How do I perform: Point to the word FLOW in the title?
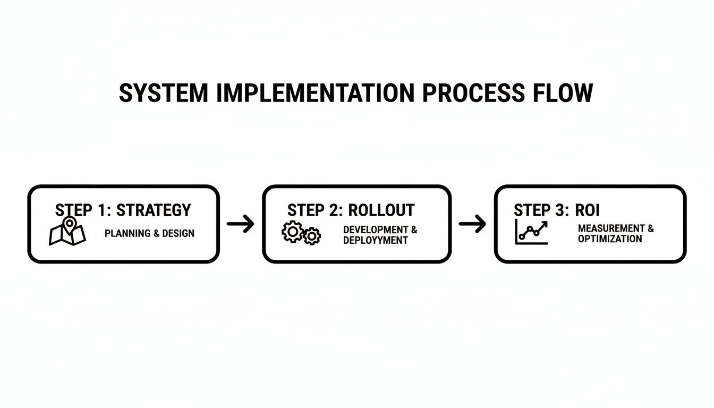(x=563, y=93)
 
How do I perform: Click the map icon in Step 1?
(x=67, y=232)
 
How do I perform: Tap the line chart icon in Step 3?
(x=531, y=232)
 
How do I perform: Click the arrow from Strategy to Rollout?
(x=241, y=224)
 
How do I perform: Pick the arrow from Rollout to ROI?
(x=472, y=224)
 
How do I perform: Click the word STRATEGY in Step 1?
(x=154, y=210)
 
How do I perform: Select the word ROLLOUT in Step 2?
(x=381, y=210)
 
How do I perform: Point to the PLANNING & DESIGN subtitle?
(x=149, y=233)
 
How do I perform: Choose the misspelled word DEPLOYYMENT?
(x=376, y=240)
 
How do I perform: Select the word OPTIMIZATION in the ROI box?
(x=610, y=239)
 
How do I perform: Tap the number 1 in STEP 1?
(x=103, y=210)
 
